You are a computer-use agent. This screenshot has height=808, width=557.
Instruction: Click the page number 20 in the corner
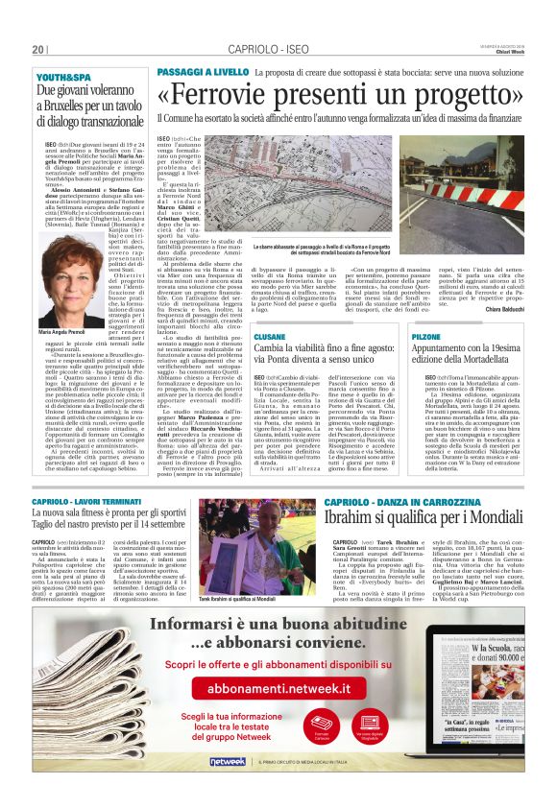[x=38, y=50]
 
